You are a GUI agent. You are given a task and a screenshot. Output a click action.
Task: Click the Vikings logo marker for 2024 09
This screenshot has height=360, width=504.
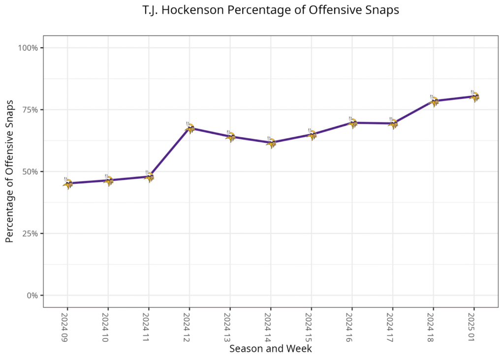(x=68, y=183)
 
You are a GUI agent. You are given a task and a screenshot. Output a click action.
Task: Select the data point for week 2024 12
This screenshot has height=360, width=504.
(x=190, y=128)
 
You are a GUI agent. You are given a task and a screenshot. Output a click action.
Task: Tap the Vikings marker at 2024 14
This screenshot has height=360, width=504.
(x=271, y=142)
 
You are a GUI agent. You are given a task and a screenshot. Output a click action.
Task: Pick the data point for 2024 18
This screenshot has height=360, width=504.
(x=434, y=101)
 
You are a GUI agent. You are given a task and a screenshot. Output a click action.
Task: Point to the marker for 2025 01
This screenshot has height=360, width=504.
(x=474, y=96)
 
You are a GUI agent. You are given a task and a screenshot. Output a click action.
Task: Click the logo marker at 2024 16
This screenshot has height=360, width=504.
(x=352, y=122)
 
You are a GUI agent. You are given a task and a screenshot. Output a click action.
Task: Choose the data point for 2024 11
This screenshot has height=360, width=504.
(x=149, y=176)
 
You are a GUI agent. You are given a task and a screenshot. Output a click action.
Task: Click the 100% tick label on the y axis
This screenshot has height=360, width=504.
(x=29, y=48)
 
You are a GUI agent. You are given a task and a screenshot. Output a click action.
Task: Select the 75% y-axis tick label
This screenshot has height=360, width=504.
(x=30, y=110)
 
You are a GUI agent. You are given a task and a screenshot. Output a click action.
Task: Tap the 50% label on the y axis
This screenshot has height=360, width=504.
(x=30, y=172)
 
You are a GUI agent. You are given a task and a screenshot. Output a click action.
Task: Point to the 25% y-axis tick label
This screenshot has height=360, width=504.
(x=30, y=234)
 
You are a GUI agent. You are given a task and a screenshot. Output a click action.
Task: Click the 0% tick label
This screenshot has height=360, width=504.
(x=32, y=296)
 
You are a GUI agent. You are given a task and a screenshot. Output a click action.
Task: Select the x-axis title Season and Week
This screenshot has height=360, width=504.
(x=270, y=349)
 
